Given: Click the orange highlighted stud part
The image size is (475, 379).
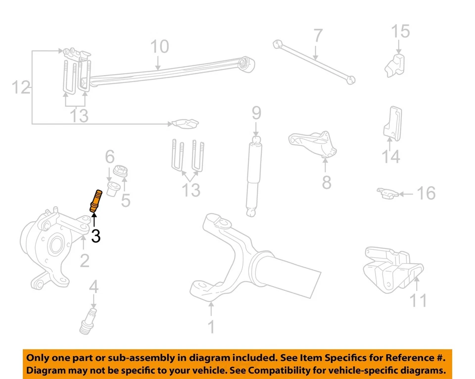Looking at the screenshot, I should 95,201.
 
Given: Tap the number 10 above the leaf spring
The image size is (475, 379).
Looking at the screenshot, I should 159,47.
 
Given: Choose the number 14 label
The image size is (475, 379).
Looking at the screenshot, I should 390,157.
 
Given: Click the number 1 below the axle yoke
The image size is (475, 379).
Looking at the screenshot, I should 211,327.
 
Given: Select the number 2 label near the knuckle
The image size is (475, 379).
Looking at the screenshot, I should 85,260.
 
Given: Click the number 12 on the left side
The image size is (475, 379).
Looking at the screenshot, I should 21,88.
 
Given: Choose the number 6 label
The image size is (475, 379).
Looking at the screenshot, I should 109,157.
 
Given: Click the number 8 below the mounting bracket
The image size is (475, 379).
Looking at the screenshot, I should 327,183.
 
